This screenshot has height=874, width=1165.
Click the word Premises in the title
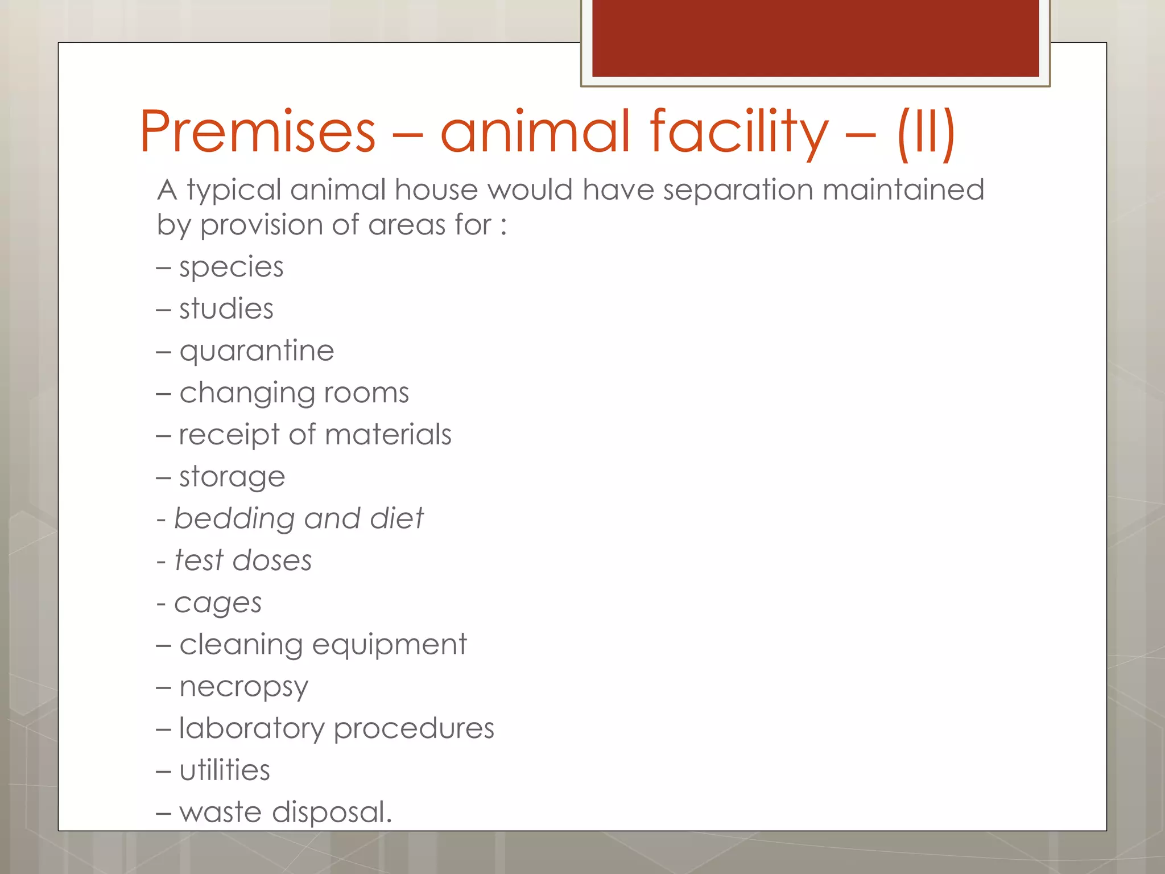[258, 131]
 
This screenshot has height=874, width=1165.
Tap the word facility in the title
[739, 131]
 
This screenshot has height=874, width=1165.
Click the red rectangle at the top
[815, 38]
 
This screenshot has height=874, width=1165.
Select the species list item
[231, 267]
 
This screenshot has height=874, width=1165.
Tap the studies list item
[226, 309]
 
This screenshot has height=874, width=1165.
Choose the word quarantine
[257, 351]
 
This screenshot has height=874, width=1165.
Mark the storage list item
[232, 477]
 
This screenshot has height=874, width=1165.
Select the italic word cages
[218, 603]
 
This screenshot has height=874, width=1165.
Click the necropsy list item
[243, 687]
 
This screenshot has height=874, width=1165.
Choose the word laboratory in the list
[251, 729]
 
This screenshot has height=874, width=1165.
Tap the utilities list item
[225, 770]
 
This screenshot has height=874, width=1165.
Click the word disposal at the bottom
[332, 812]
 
